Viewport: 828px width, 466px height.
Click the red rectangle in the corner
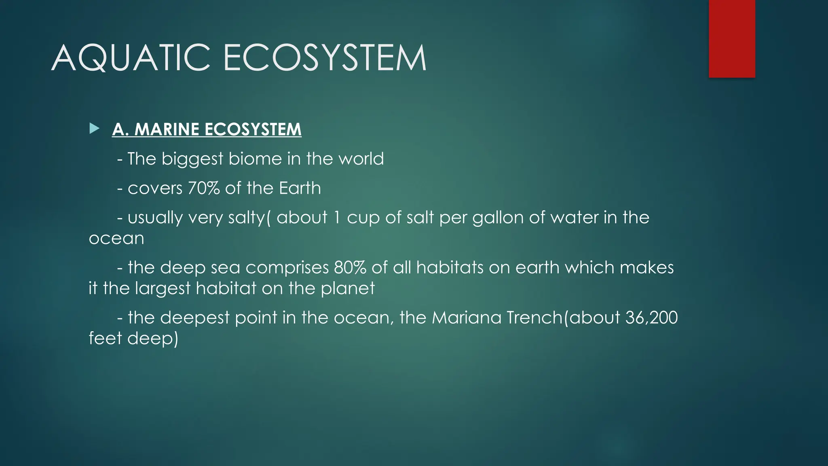pyautogui.click(x=732, y=38)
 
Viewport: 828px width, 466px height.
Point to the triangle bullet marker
pyautogui.click(x=95, y=129)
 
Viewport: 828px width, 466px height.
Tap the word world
pyautogui.click(x=361, y=159)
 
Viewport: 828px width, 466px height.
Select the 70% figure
pyautogui.click(x=204, y=188)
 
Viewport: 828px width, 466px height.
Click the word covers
pyautogui.click(x=155, y=189)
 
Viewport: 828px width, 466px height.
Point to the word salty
pyautogui.click(x=246, y=218)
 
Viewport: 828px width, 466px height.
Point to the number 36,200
pyautogui.click(x=651, y=318)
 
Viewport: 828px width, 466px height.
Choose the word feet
pyautogui.click(x=105, y=338)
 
